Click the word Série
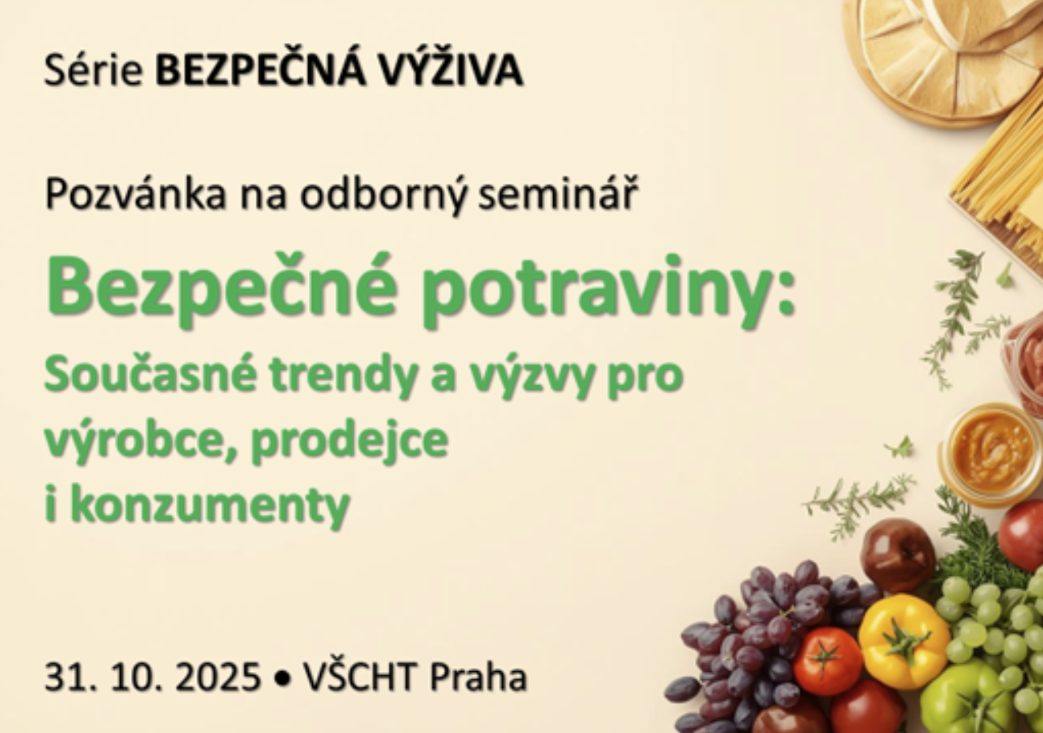93,72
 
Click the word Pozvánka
135,194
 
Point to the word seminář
557,194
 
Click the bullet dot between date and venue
281,678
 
